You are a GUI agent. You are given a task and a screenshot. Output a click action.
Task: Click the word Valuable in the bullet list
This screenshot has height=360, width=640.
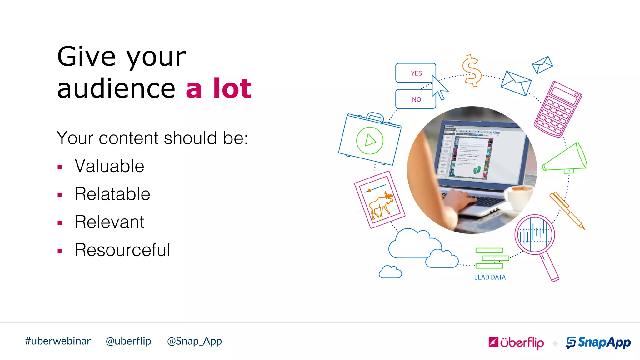coord(109,166)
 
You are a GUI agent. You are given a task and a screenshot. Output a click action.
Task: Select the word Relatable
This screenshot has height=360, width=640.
coord(112,194)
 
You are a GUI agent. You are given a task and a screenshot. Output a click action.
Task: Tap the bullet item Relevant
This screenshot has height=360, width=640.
coord(109,222)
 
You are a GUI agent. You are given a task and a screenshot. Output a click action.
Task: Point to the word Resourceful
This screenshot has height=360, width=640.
coord(122,250)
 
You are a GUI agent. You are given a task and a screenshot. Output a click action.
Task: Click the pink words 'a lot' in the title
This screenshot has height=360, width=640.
coord(219,88)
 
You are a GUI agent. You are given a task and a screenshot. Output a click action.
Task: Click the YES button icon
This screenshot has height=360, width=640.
coord(415,73)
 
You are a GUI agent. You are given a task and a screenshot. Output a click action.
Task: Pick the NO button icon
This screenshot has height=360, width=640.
coord(415,99)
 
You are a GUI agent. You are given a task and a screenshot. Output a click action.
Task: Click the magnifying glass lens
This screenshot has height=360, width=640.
coord(535,234)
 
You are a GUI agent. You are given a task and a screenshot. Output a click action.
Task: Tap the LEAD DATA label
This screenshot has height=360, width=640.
coord(490,277)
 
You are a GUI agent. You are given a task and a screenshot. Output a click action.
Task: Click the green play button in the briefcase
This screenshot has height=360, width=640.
coord(370,140)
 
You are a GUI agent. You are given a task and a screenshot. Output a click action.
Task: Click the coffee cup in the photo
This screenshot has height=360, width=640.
coord(519,195)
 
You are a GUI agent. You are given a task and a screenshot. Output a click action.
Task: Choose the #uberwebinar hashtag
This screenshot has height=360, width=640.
coord(58,341)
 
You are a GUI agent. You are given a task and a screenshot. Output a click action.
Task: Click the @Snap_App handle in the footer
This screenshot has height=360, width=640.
coord(194,341)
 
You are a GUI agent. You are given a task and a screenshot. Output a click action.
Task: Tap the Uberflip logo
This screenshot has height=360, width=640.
coord(516,342)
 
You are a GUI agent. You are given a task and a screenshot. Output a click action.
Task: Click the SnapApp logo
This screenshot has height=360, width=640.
coord(598,342)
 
